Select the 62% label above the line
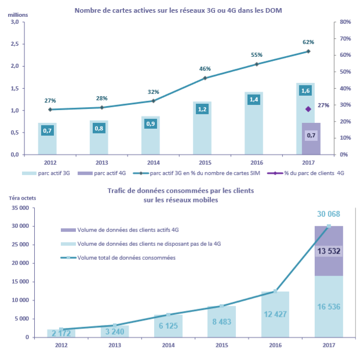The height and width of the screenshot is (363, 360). point(308,42)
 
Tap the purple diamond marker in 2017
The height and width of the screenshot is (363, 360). point(308,109)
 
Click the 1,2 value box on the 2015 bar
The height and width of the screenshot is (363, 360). point(203,109)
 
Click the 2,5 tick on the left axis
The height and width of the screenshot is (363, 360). point(14,44)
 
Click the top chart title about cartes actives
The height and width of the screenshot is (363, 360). point(178,10)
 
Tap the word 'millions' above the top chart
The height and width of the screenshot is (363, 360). point(17,14)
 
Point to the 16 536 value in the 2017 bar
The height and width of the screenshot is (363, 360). point(329,307)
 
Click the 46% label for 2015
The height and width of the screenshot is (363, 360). point(205,68)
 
